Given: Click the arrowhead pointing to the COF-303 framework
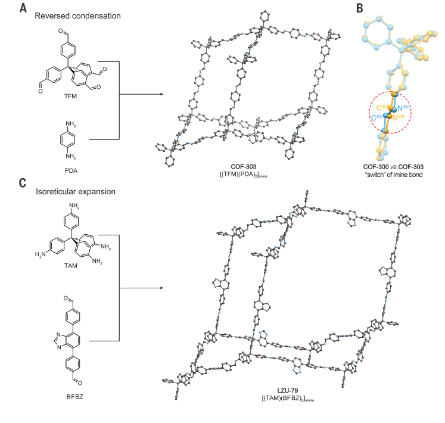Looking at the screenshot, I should click(x=161, y=94).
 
